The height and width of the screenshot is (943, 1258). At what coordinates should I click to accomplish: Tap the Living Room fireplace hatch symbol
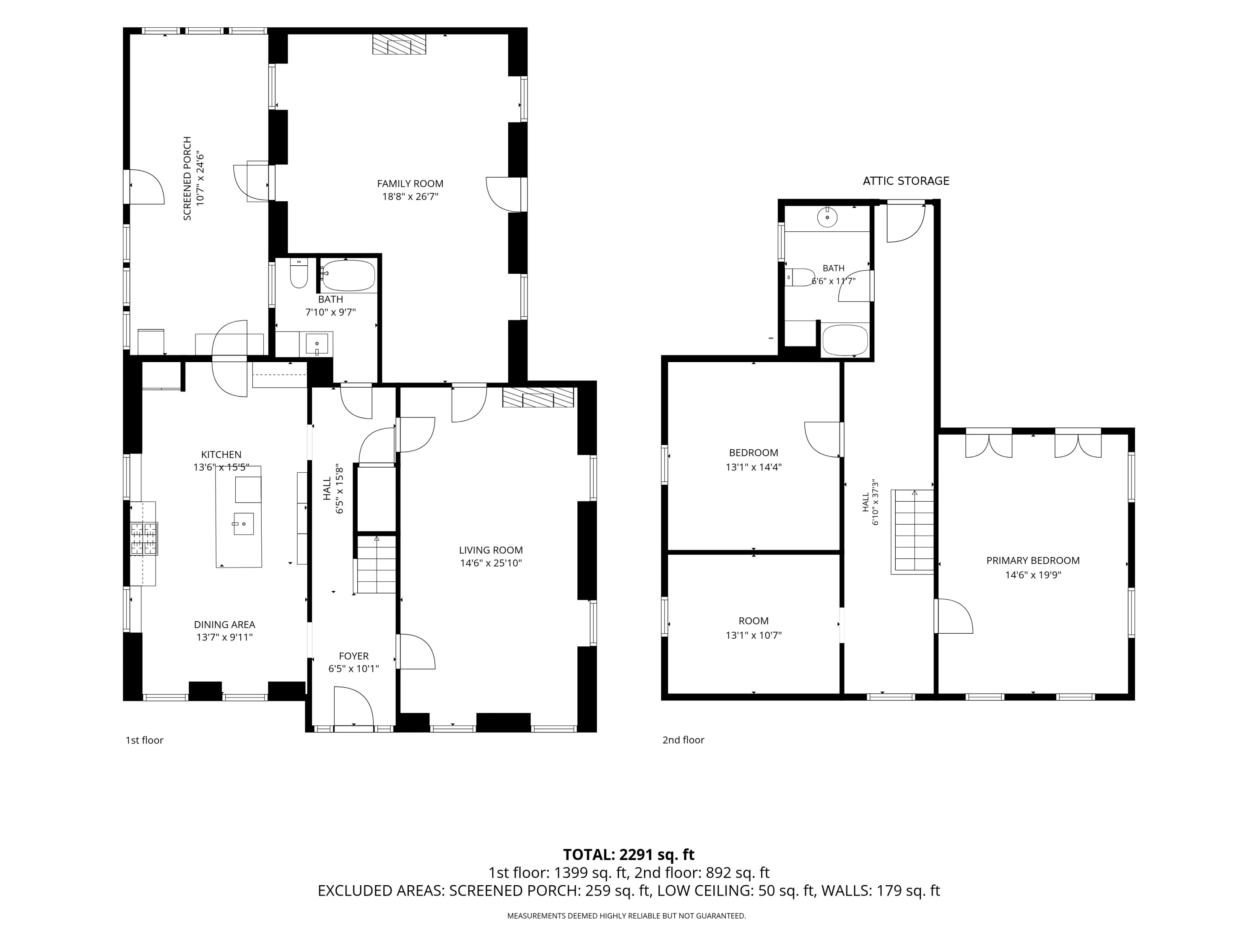click(x=538, y=398)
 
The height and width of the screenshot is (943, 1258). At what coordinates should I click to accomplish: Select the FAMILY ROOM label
click(x=410, y=184)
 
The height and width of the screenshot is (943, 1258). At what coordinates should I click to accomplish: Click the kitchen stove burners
click(x=143, y=538)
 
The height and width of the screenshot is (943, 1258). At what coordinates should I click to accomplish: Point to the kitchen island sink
click(x=243, y=523)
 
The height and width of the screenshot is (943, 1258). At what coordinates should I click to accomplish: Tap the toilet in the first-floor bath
click(x=299, y=273)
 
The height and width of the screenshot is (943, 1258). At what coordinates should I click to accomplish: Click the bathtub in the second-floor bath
click(x=845, y=340)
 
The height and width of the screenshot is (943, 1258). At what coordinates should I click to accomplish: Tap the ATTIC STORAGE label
click(x=906, y=181)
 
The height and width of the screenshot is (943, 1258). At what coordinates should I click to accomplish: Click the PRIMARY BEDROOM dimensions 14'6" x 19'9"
click(x=1033, y=575)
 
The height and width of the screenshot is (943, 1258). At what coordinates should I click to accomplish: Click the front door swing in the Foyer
click(x=354, y=707)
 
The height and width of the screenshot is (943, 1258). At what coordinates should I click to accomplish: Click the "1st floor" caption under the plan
click(x=144, y=740)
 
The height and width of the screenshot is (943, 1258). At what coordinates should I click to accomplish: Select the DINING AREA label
click(x=225, y=624)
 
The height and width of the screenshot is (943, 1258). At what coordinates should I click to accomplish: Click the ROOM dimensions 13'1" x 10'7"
click(x=754, y=635)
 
